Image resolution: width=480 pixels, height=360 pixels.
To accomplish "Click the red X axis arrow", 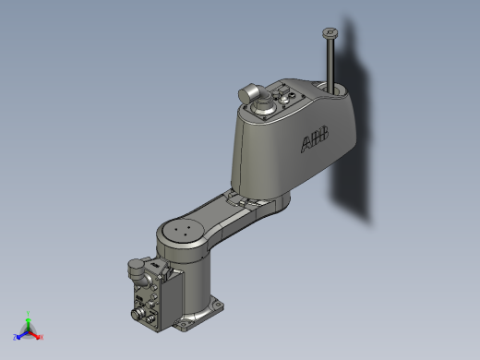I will click(35, 335).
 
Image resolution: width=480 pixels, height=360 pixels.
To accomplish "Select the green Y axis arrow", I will click(30, 323).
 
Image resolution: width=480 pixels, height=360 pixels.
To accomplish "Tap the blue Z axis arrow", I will click(22, 335).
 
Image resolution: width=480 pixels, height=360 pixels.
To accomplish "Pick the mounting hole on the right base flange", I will click(218, 302).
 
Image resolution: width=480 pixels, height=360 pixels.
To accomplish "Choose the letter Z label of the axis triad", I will click(16, 337).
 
